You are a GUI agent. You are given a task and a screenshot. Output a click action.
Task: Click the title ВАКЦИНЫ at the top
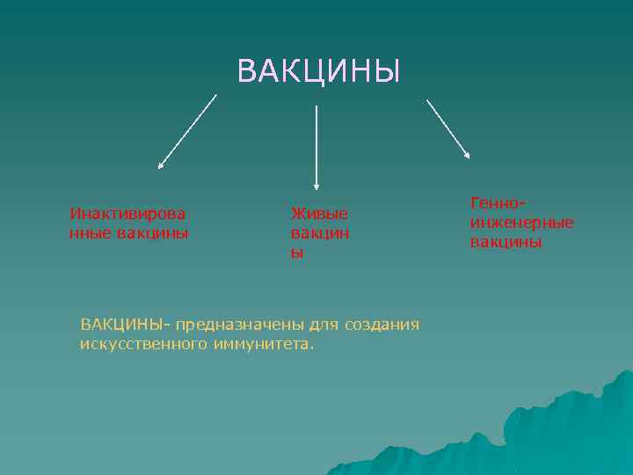(x=318, y=71)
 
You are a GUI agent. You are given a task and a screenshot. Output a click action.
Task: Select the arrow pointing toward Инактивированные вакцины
(x=187, y=131)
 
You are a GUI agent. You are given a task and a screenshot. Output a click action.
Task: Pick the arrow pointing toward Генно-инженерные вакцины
(x=448, y=128)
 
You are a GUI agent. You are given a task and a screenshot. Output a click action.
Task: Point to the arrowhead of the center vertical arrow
(x=316, y=186)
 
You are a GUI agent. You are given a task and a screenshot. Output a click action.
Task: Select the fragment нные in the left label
(x=89, y=233)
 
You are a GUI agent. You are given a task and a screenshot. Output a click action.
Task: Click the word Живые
(x=319, y=214)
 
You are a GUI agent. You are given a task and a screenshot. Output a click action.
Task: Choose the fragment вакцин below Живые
(x=319, y=233)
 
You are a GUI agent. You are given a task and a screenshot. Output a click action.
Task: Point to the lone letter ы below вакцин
(x=297, y=252)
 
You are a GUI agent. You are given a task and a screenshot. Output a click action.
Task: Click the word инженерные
(x=521, y=223)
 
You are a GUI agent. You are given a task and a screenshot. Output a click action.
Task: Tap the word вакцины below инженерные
(x=506, y=242)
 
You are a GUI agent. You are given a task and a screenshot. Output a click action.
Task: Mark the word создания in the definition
(x=382, y=325)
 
